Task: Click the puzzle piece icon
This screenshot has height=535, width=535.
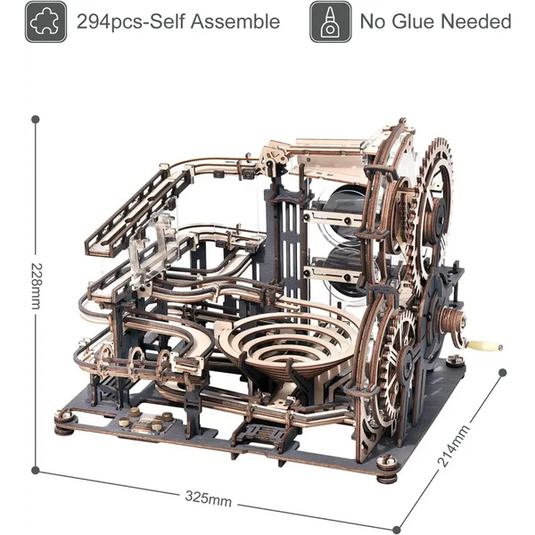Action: pyautogui.click(x=45, y=21)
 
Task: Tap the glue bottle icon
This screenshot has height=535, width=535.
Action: pyautogui.click(x=330, y=21)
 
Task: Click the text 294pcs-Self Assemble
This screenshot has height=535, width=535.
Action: pyautogui.click(x=178, y=21)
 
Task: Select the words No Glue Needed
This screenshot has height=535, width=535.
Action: pyautogui.click(x=436, y=21)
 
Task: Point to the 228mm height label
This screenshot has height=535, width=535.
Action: pyautogui.click(x=37, y=286)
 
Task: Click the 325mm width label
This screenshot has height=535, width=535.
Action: pyautogui.click(x=208, y=498)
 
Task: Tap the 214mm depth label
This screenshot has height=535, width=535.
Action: pyautogui.click(x=454, y=446)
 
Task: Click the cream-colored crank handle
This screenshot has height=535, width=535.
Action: pyautogui.click(x=485, y=346)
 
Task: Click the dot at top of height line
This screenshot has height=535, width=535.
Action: pyautogui.click(x=36, y=119)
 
